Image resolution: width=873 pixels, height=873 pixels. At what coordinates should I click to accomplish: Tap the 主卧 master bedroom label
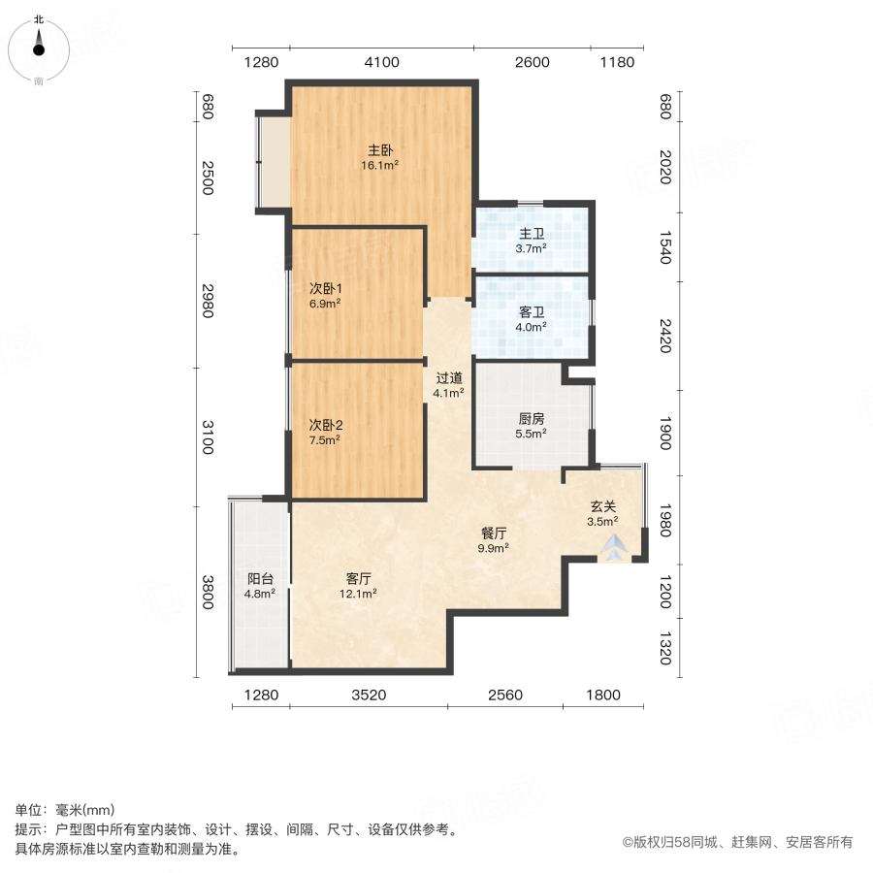(380, 150)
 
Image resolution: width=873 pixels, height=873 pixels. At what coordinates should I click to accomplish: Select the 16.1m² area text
(380, 166)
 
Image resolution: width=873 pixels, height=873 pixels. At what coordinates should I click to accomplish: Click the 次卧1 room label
(326, 288)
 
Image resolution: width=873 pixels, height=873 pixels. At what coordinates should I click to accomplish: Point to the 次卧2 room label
(326, 425)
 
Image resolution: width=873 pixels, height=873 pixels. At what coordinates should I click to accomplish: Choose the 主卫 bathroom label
(531, 234)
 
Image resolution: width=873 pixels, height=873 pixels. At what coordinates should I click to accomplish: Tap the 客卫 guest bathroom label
(531, 311)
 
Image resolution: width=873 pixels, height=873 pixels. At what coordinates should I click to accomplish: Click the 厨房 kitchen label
(531, 419)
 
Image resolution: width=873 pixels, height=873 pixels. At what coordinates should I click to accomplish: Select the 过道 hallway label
(448, 378)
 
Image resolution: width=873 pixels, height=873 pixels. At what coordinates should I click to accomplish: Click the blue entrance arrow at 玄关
(613, 549)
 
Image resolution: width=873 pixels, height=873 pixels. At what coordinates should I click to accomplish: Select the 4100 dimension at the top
(381, 63)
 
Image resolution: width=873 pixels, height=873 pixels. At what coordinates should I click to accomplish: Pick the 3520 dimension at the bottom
(368, 695)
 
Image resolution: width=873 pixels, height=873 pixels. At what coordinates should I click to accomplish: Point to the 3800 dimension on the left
(207, 592)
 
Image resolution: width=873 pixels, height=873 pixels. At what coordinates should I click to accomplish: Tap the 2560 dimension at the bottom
(505, 695)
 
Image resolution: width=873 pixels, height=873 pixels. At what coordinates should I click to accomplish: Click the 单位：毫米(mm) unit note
(64, 811)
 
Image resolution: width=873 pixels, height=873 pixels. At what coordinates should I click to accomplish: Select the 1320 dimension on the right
(664, 647)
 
